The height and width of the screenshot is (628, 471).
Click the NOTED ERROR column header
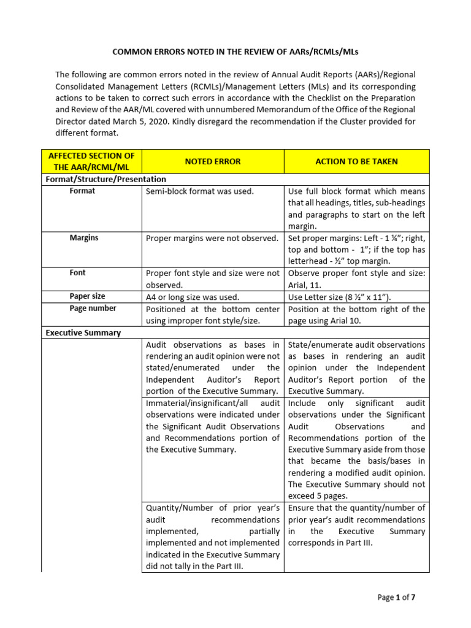point(212,161)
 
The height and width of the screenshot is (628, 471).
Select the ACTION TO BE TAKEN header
point(356,161)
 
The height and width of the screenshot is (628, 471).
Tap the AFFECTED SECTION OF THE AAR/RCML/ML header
point(91,162)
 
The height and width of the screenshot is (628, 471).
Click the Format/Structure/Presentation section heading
point(105,179)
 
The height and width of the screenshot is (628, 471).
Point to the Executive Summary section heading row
point(83,332)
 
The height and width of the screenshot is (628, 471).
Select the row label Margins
point(83,238)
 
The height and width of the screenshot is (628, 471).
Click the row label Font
point(77,272)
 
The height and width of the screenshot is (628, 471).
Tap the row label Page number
point(93,308)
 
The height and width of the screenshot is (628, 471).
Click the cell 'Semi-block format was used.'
point(199,191)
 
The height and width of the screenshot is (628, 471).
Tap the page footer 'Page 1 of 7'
point(396,597)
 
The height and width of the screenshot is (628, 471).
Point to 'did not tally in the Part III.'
point(194,566)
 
